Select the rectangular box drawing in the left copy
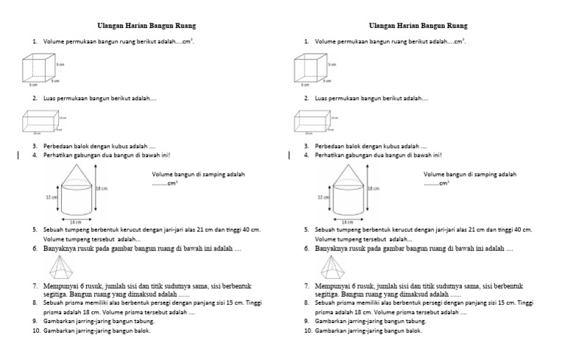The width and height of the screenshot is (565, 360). [44, 122]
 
